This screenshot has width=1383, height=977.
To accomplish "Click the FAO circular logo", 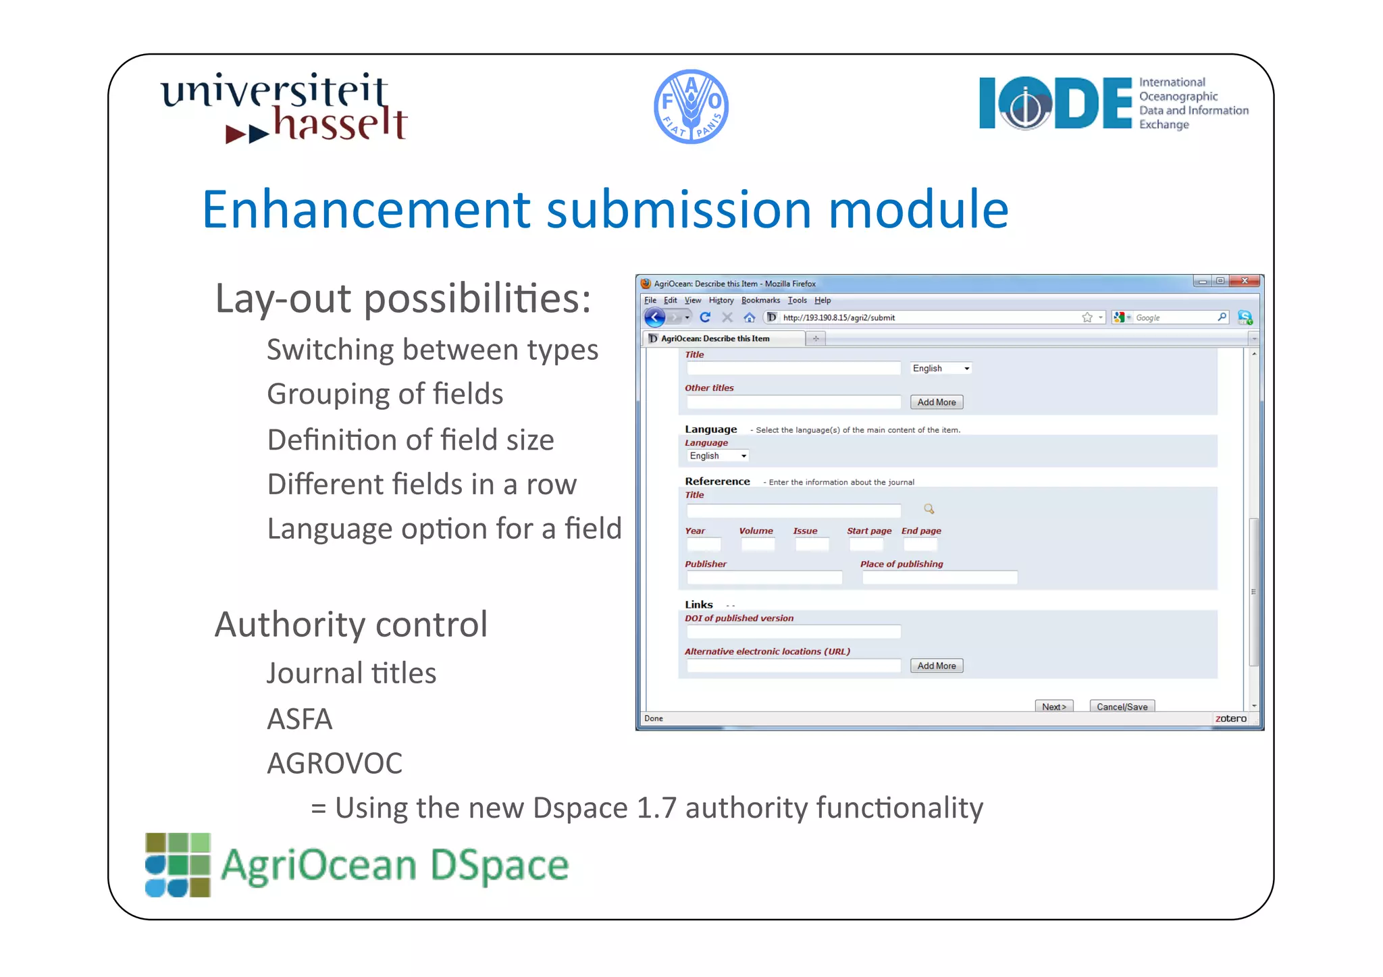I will click(691, 107).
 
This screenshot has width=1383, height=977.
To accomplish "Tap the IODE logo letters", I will click(1055, 103).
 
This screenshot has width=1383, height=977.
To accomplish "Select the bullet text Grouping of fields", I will click(385, 394).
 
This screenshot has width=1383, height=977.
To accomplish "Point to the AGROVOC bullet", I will click(334, 764).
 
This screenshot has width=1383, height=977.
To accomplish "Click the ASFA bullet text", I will click(300, 719).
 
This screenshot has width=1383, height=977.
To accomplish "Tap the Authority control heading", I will click(351, 625).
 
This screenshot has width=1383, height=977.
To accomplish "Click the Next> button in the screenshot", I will click(1053, 706).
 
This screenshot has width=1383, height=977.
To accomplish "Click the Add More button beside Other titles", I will click(936, 402).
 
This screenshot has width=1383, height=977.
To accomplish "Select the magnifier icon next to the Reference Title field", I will click(929, 509).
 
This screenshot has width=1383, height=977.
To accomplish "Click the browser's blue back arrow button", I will click(654, 317).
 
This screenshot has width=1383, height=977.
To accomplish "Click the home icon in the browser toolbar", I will click(749, 317).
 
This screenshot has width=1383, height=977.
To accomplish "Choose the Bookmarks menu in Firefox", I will click(760, 300).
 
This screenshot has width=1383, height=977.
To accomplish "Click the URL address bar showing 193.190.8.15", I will click(925, 317).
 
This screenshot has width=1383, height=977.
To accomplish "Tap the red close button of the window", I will click(1244, 281).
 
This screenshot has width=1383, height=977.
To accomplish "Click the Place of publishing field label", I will click(902, 564).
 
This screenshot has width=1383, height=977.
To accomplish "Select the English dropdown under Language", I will click(717, 456).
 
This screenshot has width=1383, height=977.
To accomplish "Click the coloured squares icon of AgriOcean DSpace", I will click(178, 865).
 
